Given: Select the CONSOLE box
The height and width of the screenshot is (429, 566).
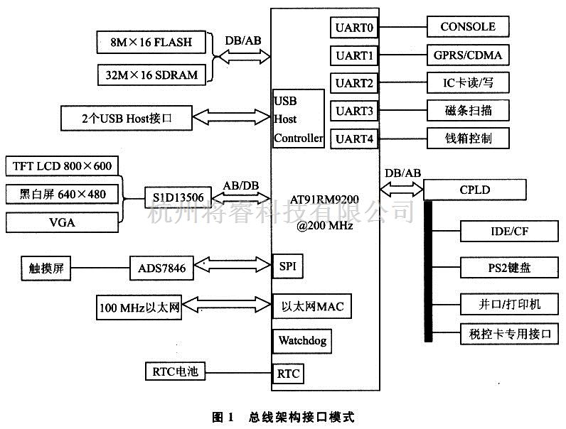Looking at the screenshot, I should pos(467,28).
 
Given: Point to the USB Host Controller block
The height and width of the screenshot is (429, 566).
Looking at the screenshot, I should pos(299,119).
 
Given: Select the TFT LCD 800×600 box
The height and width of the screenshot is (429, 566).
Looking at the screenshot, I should pos(63,167).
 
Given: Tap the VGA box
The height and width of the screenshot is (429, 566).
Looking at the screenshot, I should pos(63,222).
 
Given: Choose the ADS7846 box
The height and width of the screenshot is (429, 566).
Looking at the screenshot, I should pos(161,268).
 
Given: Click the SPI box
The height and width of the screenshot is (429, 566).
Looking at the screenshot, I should pos(287,267).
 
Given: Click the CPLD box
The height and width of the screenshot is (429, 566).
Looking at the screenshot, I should pos(475,190).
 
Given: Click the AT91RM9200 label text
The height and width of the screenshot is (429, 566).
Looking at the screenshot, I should pos(325,202).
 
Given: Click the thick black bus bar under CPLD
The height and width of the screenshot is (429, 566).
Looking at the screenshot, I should pos(429,270).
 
